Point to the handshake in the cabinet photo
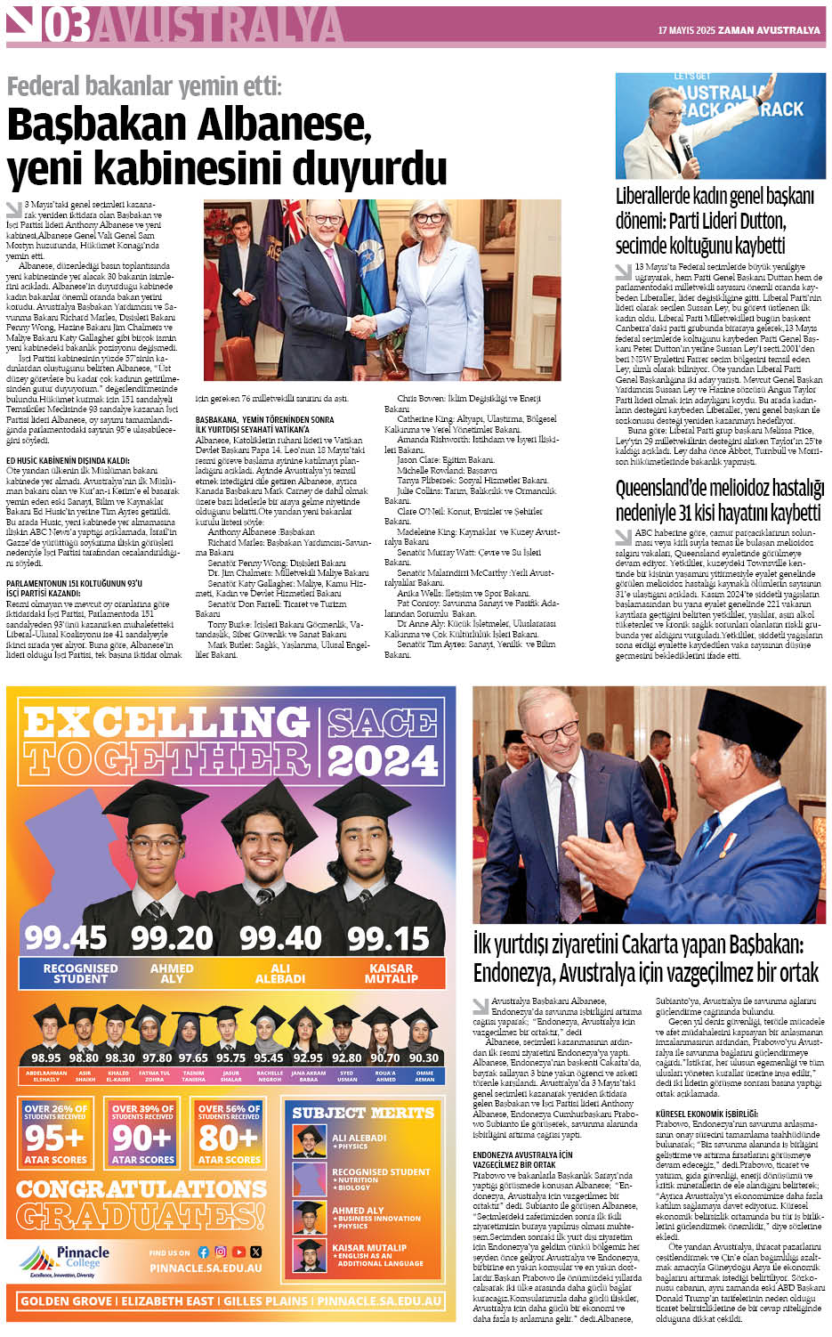point(361,326)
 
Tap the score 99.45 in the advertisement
point(66,937)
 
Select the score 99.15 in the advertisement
point(388,937)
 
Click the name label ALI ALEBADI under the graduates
point(280,973)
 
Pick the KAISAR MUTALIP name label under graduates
point(391,973)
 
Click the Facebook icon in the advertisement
point(203,1252)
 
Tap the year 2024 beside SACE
point(382,759)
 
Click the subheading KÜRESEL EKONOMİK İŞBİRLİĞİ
point(707,1113)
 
